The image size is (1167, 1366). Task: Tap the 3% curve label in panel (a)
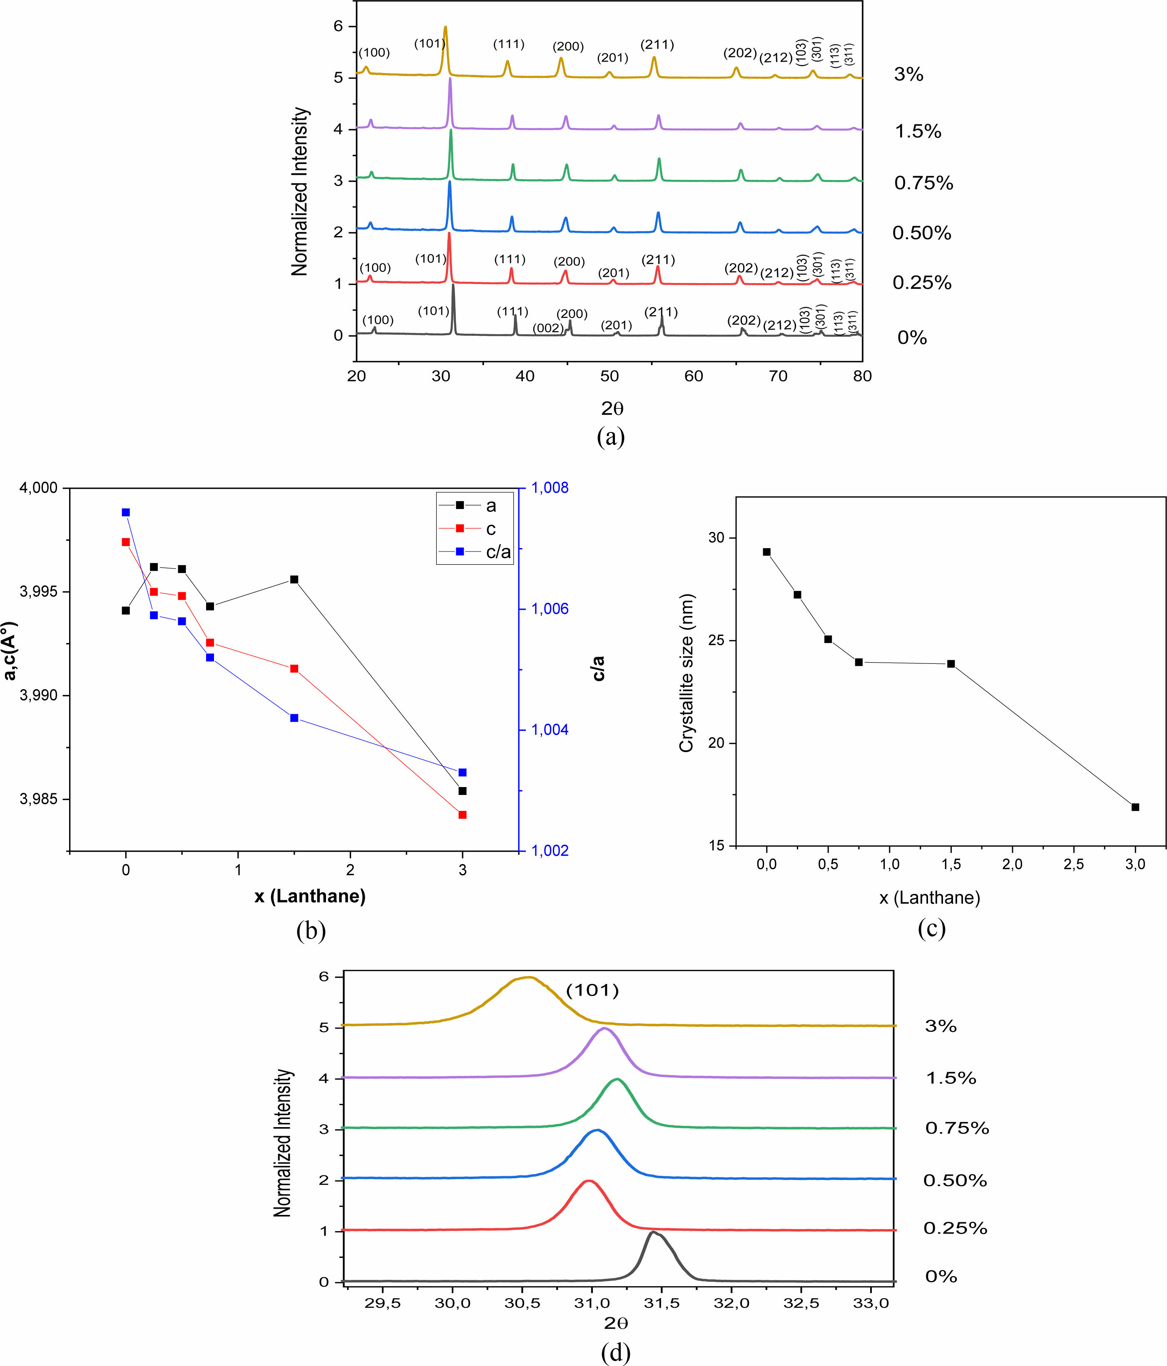[x=908, y=75]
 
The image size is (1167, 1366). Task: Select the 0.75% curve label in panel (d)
[x=957, y=1128]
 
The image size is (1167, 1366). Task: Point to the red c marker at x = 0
[x=126, y=542]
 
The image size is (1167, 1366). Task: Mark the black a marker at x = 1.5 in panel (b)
[x=294, y=579]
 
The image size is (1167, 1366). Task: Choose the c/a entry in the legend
[x=498, y=552]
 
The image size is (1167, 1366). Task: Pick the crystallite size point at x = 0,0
[x=767, y=552]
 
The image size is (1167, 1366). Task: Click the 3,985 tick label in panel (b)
[x=39, y=800]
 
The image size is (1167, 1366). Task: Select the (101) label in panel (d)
[x=592, y=990]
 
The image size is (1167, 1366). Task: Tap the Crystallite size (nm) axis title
[x=687, y=673]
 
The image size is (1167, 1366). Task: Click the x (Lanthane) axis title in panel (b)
[x=310, y=897]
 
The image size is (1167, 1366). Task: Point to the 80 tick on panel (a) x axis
[x=862, y=376]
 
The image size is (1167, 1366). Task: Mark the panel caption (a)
[x=610, y=437]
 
